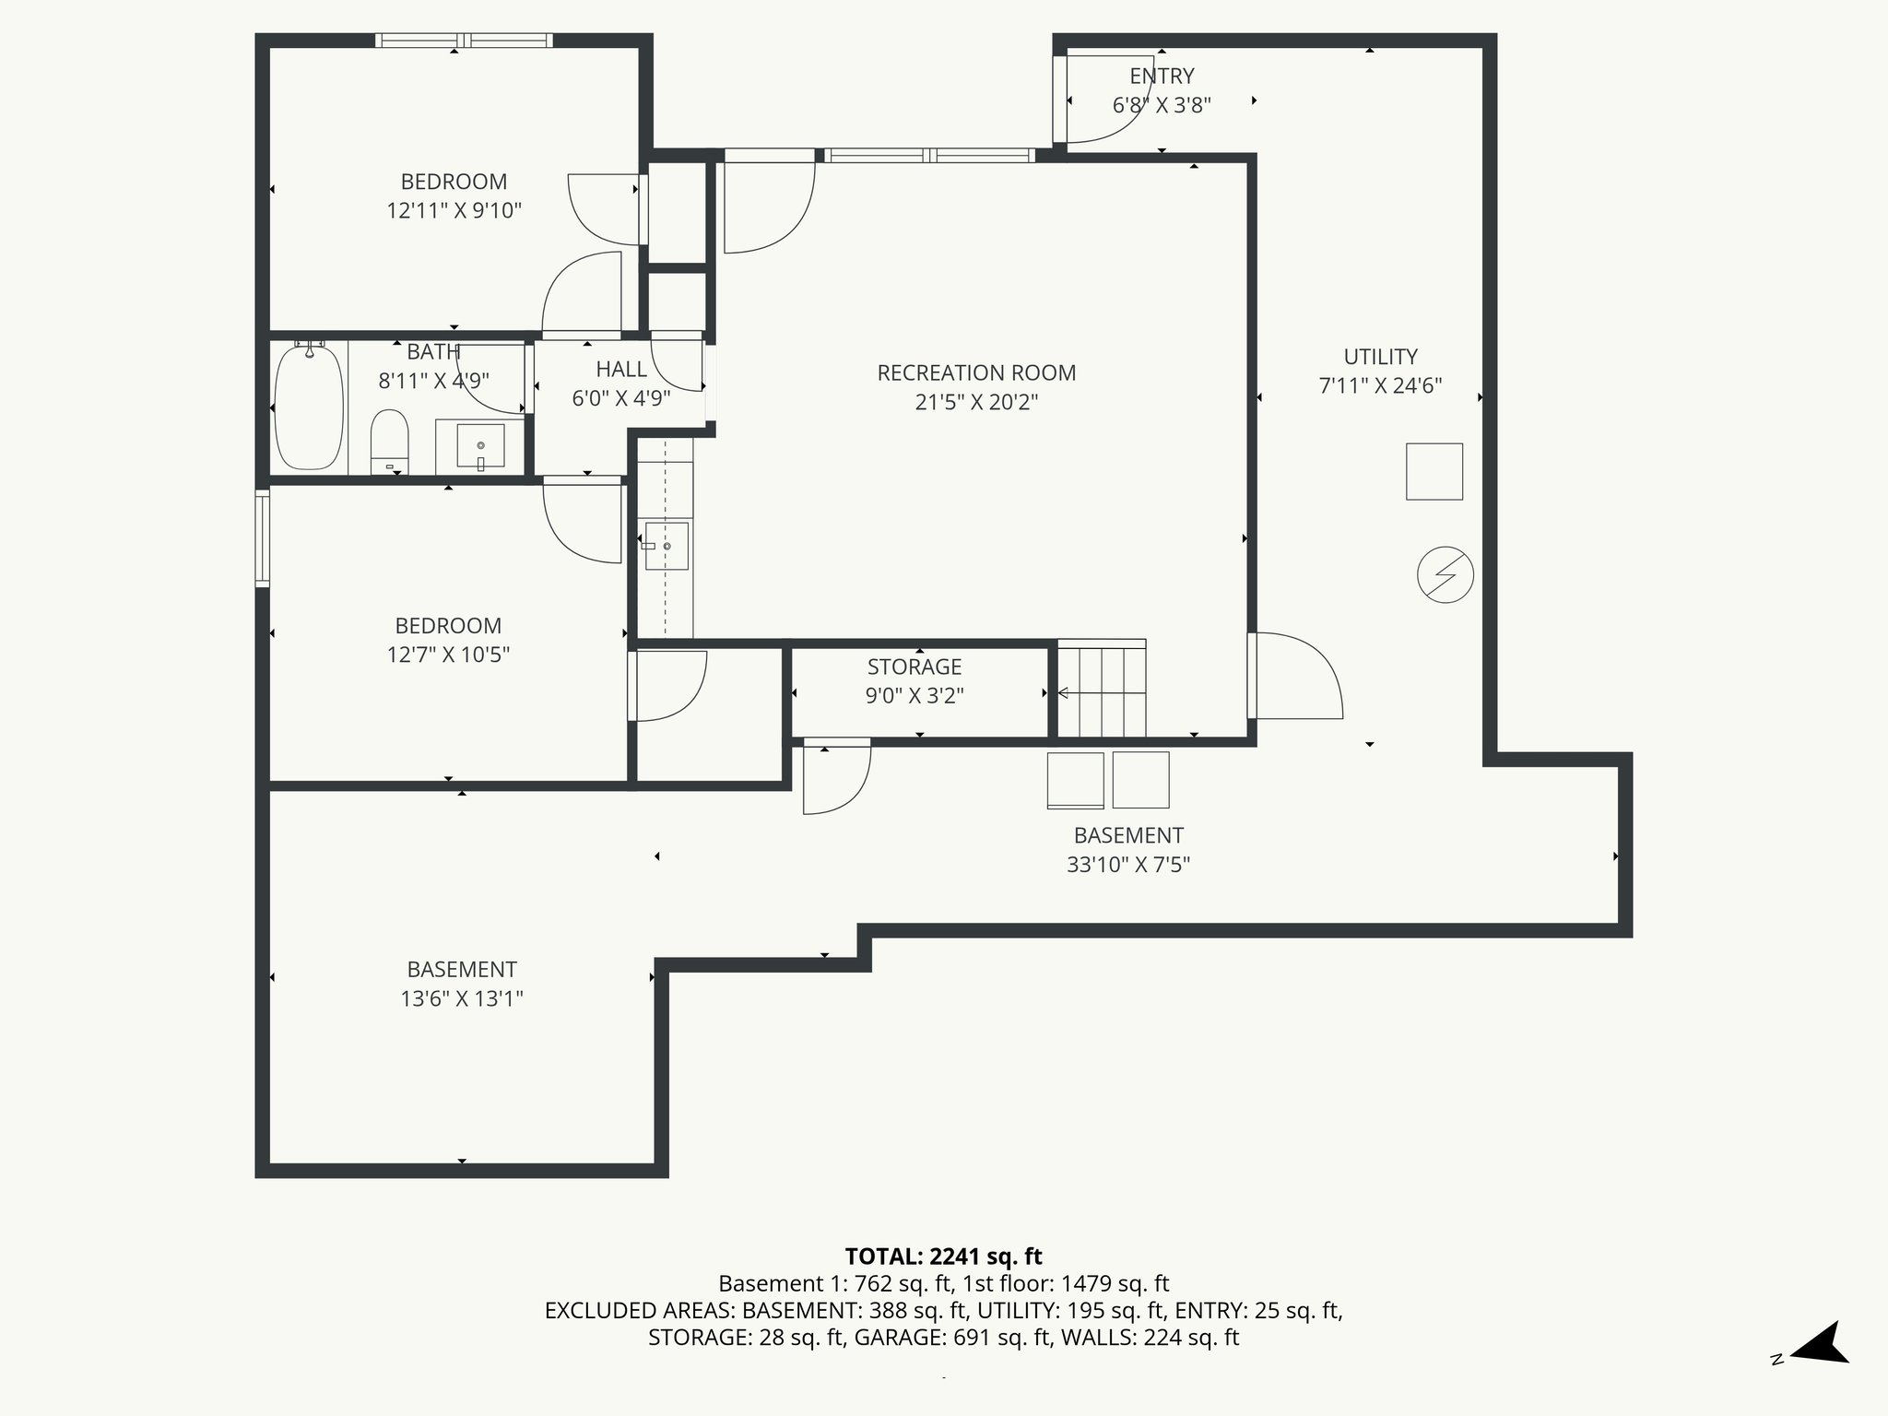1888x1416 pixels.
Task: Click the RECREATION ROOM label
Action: (x=976, y=372)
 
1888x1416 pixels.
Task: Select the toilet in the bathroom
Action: (x=389, y=440)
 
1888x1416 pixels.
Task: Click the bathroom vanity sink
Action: (x=480, y=446)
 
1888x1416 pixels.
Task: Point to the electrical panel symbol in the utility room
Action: (x=1445, y=575)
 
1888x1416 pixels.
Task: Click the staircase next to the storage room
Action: (x=1101, y=690)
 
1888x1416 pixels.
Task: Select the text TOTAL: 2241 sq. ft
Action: (x=943, y=1256)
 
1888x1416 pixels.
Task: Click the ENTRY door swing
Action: (x=1102, y=101)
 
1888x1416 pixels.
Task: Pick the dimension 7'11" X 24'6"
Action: (x=1380, y=385)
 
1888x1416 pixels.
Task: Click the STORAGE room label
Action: (x=914, y=667)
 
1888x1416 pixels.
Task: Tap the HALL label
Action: (x=620, y=370)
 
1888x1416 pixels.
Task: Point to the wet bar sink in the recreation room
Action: (x=666, y=546)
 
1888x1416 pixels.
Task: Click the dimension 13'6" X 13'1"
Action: (x=461, y=998)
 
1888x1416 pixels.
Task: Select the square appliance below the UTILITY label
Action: (x=1434, y=471)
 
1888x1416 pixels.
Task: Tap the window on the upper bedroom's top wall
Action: (x=464, y=40)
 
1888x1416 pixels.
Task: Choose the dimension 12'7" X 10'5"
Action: (x=448, y=655)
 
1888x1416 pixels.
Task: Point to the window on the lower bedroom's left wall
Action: (x=263, y=538)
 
